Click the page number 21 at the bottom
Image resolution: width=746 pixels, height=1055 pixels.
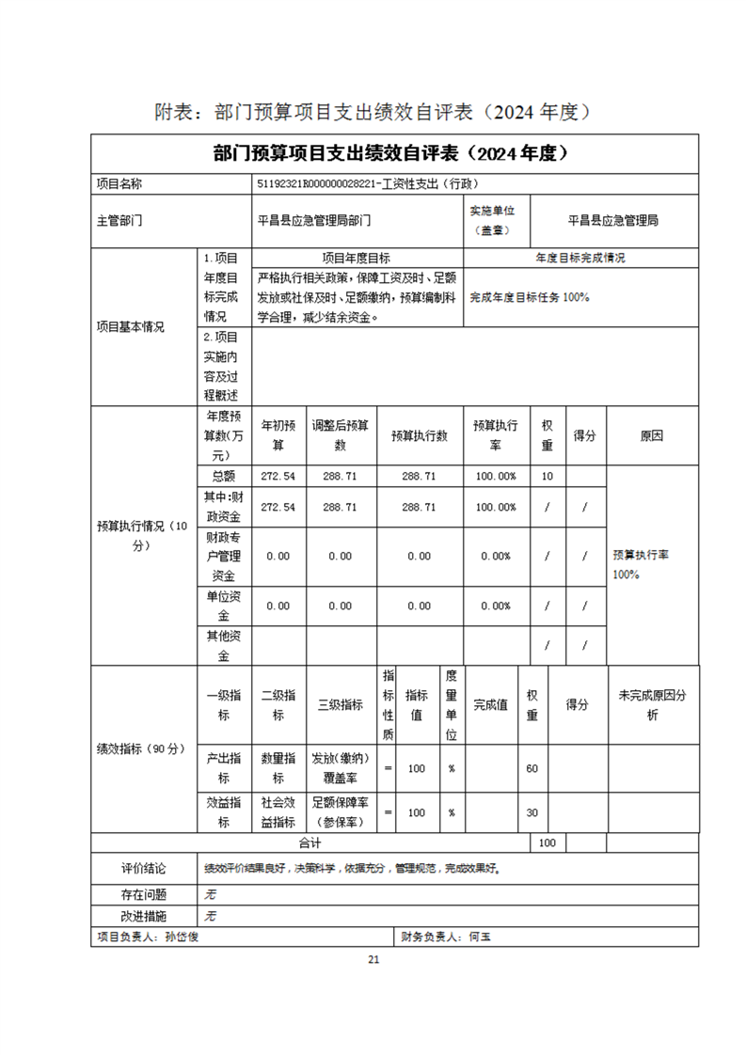(x=373, y=959)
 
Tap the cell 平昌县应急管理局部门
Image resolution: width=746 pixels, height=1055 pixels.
(x=314, y=221)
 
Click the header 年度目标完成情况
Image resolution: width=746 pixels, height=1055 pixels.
(x=580, y=258)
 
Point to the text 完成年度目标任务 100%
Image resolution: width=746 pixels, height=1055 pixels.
(x=530, y=297)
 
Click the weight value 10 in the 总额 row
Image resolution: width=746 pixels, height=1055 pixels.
(x=547, y=477)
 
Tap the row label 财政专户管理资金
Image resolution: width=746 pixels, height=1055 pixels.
(x=224, y=556)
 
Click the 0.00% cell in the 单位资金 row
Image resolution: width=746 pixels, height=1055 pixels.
(x=495, y=606)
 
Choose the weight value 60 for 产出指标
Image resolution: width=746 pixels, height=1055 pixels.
(x=532, y=769)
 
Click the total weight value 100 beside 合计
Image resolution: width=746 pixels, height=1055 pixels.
(x=547, y=843)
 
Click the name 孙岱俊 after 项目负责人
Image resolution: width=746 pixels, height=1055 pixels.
(x=182, y=937)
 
